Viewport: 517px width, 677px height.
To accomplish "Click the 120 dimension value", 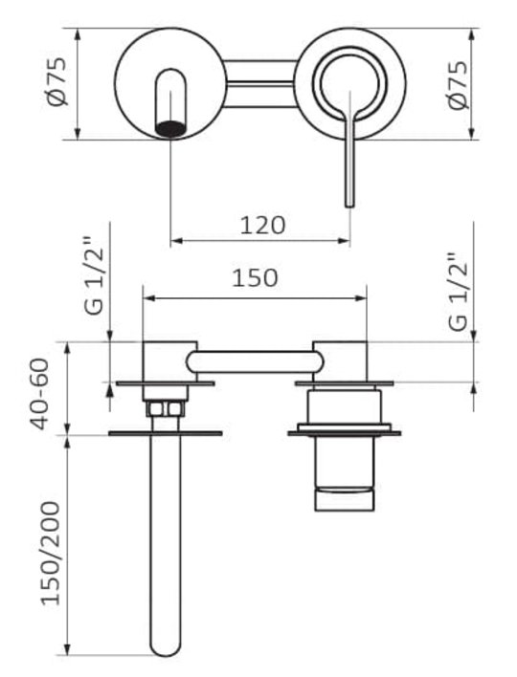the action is coord(262,225).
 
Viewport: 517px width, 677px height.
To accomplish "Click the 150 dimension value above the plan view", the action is coord(255,278).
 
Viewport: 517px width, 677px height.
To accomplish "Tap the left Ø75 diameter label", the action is coord(56,81).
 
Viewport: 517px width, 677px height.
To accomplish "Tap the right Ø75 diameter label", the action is coord(458,85).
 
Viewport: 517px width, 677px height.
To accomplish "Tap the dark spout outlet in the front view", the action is coord(170,129).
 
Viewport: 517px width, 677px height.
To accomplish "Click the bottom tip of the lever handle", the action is coord(349,205).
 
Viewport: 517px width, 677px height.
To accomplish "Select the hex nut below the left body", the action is coord(166,408).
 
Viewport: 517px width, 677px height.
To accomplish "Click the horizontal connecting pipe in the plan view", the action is coord(255,361).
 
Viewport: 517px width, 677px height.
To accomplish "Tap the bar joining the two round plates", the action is coord(261,83).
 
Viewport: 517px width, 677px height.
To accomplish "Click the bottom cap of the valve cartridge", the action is coord(344,500).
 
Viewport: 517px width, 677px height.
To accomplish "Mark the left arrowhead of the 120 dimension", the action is coord(175,241).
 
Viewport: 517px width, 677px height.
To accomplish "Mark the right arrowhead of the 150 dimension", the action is coord(361,298).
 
